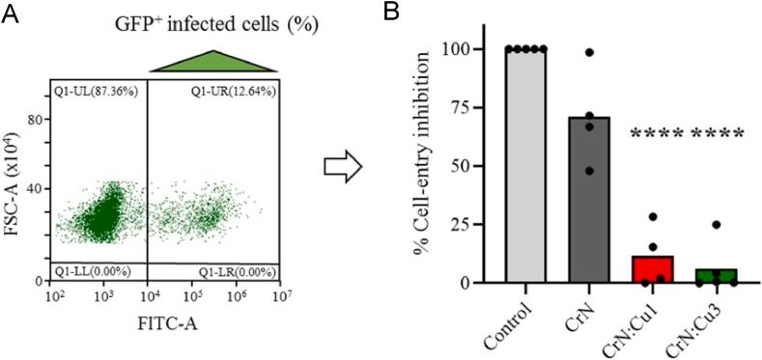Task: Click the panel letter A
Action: click(11, 14)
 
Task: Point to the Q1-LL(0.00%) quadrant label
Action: click(90, 271)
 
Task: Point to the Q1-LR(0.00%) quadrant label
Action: click(238, 271)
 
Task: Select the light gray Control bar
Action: click(523, 166)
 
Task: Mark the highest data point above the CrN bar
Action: click(588, 52)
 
